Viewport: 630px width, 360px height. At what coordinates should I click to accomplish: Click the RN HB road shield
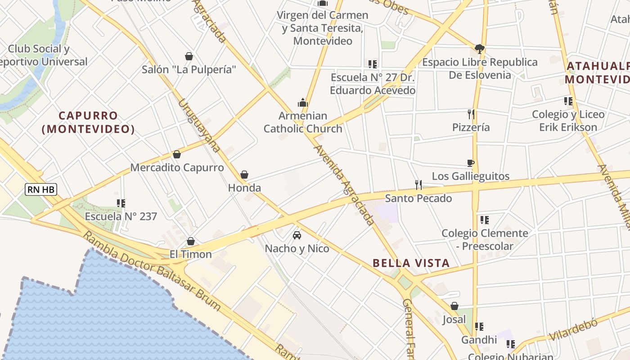(x=41, y=189)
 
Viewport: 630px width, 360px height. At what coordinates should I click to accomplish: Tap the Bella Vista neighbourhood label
(x=411, y=263)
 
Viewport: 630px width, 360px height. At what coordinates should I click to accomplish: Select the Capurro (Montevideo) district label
(x=88, y=122)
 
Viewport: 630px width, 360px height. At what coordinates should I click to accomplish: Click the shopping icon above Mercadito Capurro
(x=177, y=154)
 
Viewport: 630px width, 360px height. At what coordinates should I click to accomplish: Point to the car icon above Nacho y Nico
(x=297, y=235)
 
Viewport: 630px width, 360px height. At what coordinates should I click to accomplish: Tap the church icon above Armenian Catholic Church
(x=303, y=103)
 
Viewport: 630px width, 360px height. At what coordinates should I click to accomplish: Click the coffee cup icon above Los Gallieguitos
(x=471, y=163)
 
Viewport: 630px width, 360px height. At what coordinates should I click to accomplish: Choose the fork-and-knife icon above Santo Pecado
(x=418, y=184)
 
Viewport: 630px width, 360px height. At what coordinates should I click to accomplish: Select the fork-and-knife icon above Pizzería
(x=471, y=114)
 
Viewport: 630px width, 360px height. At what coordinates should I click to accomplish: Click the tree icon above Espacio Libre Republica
(x=480, y=49)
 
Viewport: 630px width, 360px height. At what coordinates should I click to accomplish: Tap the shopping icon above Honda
(x=244, y=174)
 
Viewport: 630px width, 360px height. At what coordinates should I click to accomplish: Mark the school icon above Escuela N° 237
(x=121, y=203)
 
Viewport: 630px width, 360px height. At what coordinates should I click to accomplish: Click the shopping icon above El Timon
(x=191, y=241)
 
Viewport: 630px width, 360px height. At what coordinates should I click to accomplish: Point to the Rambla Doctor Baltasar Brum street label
(x=152, y=272)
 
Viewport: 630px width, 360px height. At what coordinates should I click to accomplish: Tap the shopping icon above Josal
(x=454, y=306)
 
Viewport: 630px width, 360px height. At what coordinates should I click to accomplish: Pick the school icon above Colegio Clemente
(x=484, y=220)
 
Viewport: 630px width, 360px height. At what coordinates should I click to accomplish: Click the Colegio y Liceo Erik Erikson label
(x=568, y=121)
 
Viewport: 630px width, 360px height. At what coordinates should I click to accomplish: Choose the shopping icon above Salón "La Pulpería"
(x=189, y=56)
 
